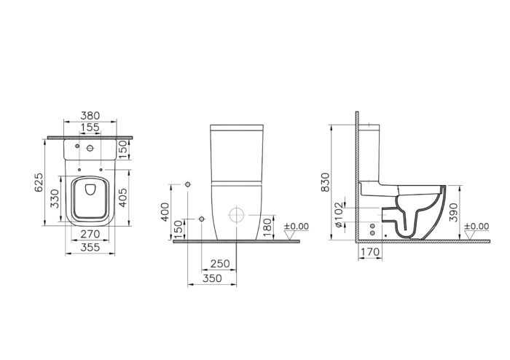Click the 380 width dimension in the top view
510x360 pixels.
click(90, 115)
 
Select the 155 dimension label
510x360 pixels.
click(90, 127)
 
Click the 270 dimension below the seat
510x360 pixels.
click(90, 235)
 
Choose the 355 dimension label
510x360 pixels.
click(90, 247)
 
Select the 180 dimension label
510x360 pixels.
click(267, 225)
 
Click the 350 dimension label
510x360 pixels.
click(212, 278)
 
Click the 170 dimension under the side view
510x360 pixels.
click(369, 254)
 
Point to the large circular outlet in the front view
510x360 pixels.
click(237, 216)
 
